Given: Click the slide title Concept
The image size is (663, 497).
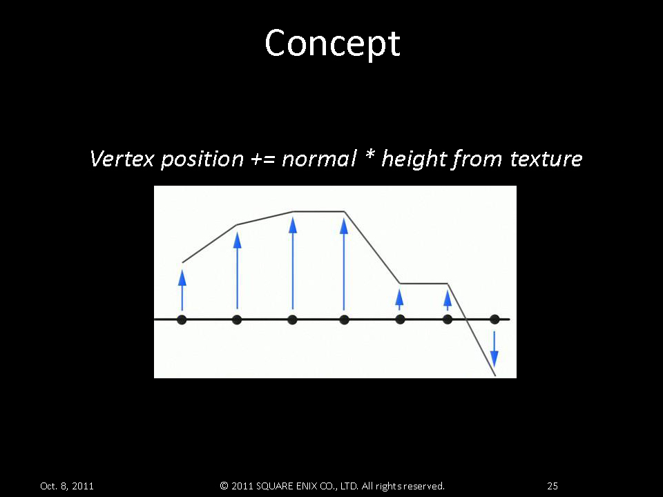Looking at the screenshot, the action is point(332,44).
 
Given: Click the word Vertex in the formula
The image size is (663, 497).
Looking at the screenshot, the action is point(122,159).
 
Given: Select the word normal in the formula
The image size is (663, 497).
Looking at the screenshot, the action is point(319,159).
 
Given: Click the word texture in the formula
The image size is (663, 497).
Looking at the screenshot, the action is point(546,159).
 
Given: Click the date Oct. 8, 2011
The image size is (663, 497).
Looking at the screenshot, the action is point(67,486).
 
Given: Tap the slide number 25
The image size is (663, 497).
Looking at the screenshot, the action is point(552,486).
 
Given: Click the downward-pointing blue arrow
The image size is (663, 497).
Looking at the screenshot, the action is point(494,349).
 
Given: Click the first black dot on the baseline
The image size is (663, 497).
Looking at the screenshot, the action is point(182,320).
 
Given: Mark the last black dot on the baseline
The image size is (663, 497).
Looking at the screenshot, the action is point(494,320).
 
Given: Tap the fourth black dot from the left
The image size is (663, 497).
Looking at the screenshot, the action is point(344,320).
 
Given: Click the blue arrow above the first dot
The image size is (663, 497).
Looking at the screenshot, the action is point(182,290).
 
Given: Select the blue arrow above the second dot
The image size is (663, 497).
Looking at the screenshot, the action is point(237,270).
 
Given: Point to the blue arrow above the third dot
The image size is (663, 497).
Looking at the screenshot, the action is point(293,263).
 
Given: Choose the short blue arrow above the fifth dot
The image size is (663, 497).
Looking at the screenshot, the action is point(399,300).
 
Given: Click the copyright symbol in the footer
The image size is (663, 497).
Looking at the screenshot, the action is point(224,486).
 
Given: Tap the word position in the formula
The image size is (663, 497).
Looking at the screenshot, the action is point(202,159).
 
